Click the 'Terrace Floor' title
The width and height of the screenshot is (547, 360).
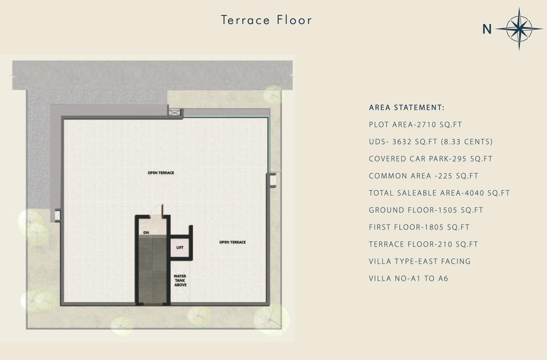pyautogui.click(x=266, y=20)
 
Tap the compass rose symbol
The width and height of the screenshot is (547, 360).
pyautogui.click(x=519, y=29)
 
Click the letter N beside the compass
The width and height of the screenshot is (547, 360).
pyautogui.click(x=487, y=30)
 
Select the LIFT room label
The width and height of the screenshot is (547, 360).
pyautogui.click(x=180, y=248)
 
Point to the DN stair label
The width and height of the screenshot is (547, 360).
pyautogui.click(x=146, y=233)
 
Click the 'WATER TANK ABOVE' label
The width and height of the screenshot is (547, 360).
pyautogui.click(x=180, y=280)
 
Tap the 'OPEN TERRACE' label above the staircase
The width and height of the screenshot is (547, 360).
pyautogui.click(x=161, y=173)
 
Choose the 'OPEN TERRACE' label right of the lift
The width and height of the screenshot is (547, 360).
pyautogui.click(x=232, y=242)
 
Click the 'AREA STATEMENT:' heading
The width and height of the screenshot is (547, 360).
pyautogui.click(x=407, y=107)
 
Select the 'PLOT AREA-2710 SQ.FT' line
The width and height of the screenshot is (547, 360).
pyautogui.click(x=415, y=124)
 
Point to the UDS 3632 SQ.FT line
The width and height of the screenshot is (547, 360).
pyautogui.click(x=431, y=142)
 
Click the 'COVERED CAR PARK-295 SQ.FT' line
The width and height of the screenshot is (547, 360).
pyautogui.click(x=430, y=159)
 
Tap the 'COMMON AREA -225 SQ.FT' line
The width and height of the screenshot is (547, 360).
pyautogui.click(x=423, y=176)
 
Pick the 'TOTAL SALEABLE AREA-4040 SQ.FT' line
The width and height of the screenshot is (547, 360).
pyautogui.click(x=439, y=193)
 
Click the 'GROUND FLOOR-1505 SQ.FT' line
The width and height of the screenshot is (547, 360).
pyautogui.click(x=426, y=210)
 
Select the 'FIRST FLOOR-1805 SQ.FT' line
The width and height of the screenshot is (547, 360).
pyautogui.click(x=419, y=227)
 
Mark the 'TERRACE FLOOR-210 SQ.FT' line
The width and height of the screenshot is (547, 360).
pyautogui.click(x=423, y=244)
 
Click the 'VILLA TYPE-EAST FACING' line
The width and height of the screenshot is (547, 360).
pyautogui.click(x=420, y=261)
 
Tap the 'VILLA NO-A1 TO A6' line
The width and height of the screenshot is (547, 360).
pyautogui.click(x=409, y=278)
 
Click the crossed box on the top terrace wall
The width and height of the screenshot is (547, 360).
pyautogui.click(x=175, y=112)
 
